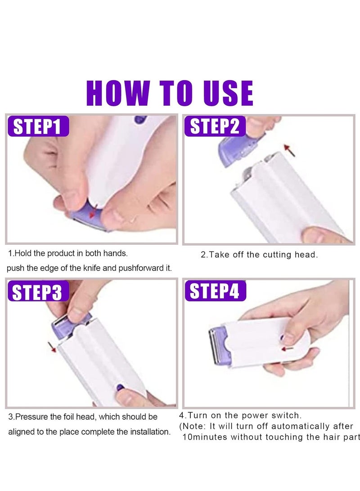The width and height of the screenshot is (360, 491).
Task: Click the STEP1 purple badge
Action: [38, 126]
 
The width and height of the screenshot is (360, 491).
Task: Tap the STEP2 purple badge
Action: [215, 126]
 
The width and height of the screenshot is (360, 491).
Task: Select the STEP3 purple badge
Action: [38, 291]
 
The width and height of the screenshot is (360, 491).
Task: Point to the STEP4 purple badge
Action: [215, 291]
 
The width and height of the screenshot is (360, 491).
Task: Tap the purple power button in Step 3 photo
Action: [121, 386]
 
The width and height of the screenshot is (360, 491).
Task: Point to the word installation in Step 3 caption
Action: [150, 432]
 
